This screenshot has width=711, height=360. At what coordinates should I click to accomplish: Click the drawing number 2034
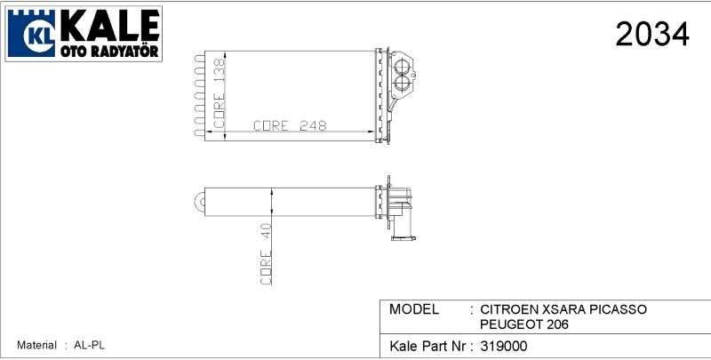pos(652,35)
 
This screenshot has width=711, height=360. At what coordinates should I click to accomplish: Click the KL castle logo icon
pos(33,35)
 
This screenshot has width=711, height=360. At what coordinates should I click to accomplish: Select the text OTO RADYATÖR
pos(109,53)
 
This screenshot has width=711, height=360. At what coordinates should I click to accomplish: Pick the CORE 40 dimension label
pos(265,253)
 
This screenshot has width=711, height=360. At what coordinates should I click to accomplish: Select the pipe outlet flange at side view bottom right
pos(404,237)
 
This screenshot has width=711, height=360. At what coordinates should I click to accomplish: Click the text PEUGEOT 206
pos(524,324)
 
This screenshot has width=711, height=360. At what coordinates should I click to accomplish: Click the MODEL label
pos(414,309)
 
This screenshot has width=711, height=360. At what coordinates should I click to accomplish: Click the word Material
pos(36,345)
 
